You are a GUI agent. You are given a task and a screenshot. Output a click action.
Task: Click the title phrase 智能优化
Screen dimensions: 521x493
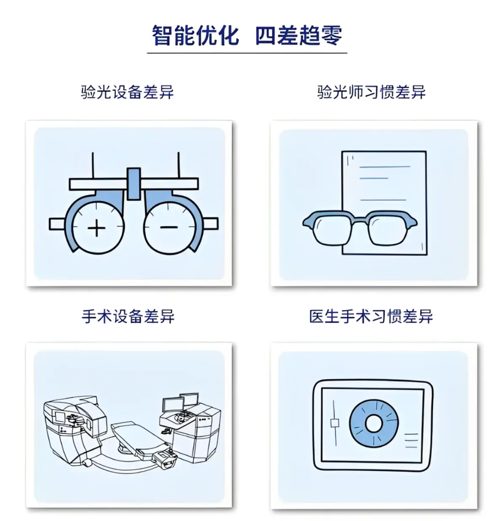click(195, 35)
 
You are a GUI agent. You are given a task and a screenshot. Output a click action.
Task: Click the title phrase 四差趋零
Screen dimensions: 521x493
click(299, 35)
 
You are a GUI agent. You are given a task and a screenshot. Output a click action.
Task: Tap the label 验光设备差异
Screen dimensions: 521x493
click(128, 92)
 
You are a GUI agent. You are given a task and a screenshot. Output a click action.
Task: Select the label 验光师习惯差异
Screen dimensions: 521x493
click(372, 92)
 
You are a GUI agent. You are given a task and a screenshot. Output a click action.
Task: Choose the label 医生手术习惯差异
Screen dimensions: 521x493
click(371, 316)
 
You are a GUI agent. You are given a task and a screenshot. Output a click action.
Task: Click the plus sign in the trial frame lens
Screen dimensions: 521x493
click(97, 228)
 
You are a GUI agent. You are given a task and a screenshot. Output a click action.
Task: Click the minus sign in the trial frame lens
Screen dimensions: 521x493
click(168, 227)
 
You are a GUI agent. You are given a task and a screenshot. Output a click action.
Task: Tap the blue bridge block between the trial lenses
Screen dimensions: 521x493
click(133, 184)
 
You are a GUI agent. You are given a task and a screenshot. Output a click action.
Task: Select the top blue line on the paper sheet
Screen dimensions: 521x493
click(384, 167)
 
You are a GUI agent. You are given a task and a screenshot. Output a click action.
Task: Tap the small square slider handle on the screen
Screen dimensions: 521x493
click(335, 423)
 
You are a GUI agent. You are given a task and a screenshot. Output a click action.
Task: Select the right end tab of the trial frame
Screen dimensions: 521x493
click(212, 224)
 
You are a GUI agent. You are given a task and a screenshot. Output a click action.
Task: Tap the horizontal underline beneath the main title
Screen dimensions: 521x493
click(247, 52)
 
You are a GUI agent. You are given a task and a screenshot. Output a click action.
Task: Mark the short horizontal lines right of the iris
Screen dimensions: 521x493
click(411, 440)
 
